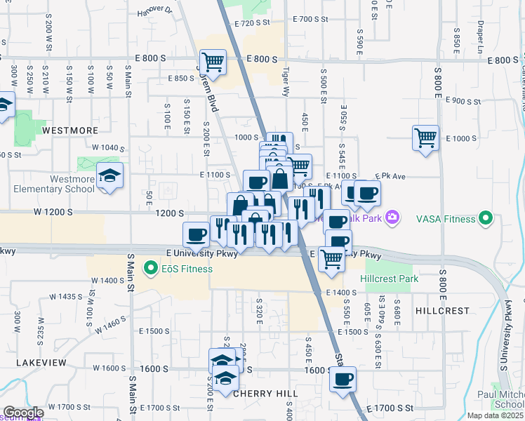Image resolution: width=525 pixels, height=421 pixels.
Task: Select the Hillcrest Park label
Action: (x=389, y=279)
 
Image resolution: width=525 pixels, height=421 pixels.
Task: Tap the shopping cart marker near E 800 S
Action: (x=212, y=62)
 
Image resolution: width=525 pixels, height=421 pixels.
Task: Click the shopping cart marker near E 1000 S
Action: (x=425, y=138)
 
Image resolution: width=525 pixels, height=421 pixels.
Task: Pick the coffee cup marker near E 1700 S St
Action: (x=343, y=380)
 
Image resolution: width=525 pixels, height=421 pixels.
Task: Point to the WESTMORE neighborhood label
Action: (x=69, y=131)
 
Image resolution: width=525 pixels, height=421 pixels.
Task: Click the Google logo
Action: (x=22, y=413)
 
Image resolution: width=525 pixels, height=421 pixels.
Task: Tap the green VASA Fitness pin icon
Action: (x=484, y=219)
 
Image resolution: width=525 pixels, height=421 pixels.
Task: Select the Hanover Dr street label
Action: (x=154, y=11)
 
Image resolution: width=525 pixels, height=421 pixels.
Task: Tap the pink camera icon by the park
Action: (x=392, y=218)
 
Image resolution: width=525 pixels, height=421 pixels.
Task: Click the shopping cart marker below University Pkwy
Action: (x=331, y=259)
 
